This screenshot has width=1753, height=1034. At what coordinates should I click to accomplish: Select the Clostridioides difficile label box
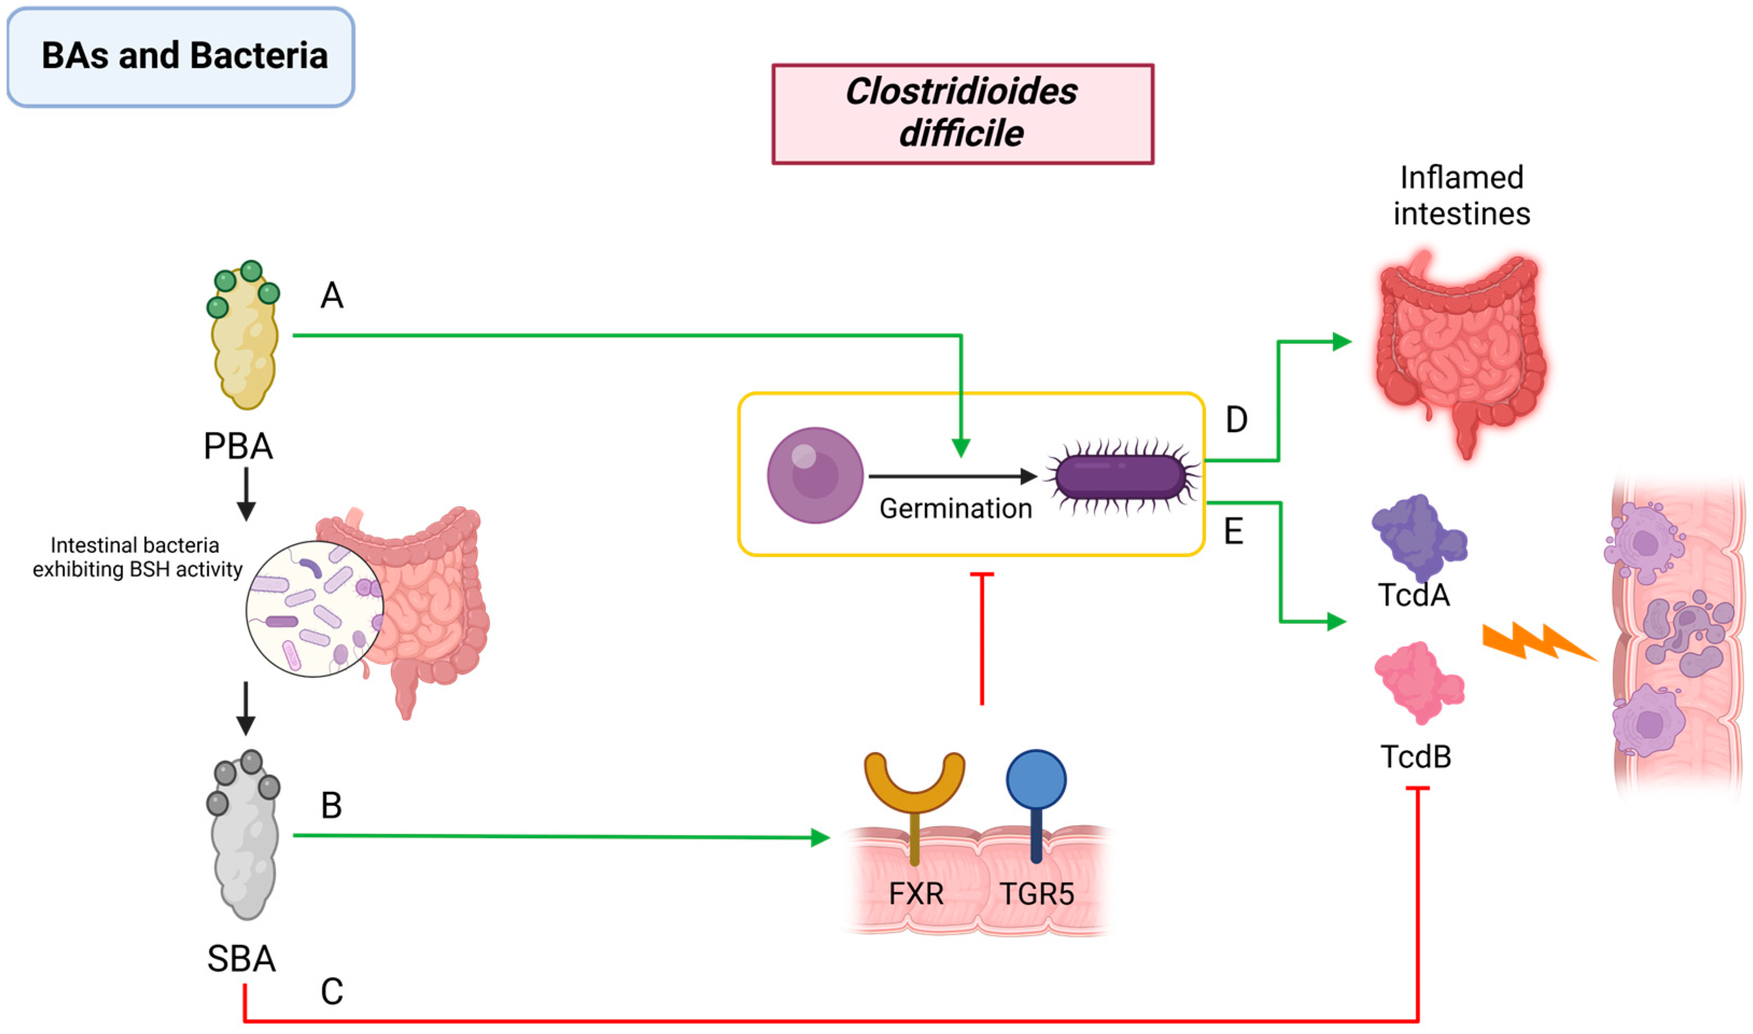click(x=962, y=113)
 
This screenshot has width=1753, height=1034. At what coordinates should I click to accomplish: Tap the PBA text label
click(x=238, y=447)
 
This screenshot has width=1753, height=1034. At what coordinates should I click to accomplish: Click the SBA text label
click(x=241, y=959)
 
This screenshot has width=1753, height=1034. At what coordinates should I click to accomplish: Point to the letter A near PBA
click(x=332, y=295)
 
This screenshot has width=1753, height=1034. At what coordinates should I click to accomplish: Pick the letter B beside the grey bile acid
click(x=332, y=806)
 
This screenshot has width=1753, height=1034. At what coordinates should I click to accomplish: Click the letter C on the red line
click(x=332, y=991)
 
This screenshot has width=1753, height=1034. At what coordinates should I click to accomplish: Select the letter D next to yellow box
click(x=1236, y=420)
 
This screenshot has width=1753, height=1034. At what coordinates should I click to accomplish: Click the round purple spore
click(x=815, y=475)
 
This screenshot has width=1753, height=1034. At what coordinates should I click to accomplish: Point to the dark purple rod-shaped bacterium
click(x=1120, y=477)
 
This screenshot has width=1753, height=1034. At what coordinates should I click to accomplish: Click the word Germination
click(x=955, y=508)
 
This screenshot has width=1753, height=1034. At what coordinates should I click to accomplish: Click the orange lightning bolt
click(x=1537, y=642)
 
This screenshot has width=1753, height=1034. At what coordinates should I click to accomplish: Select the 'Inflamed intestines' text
click(x=1462, y=196)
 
